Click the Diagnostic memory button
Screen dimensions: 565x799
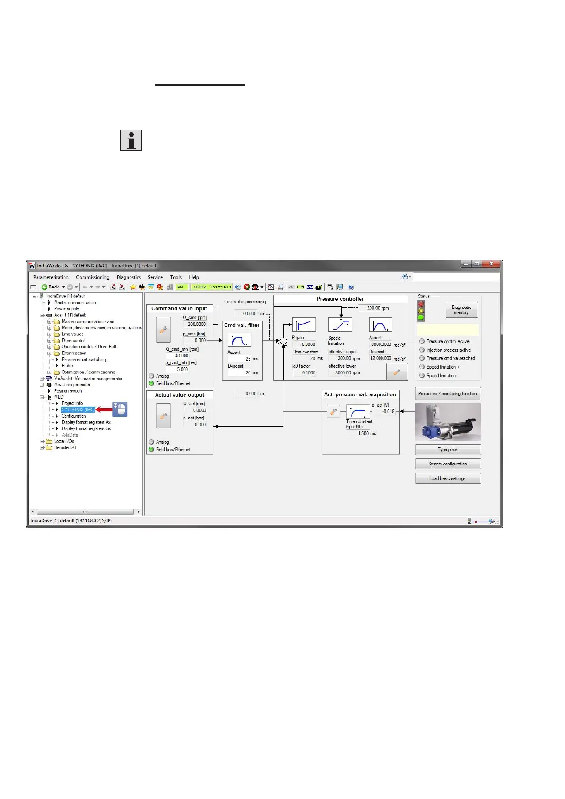point(461,310)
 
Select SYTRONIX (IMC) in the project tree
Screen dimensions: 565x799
point(78,409)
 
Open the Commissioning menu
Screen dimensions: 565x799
point(93,277)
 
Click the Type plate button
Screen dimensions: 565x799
point(447,450)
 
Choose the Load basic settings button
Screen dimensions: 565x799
point(447,478)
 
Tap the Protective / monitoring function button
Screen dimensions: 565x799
point(447,393)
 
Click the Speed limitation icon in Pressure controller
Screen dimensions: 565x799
point(340,325)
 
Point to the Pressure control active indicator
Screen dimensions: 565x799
point(422,341)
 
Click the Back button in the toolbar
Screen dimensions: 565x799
point(50,287)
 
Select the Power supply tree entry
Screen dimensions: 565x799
point(66,309)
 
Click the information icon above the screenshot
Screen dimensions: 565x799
point(131,140)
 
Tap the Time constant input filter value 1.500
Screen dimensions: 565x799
point(363,433)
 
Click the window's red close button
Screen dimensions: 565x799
point(492,264)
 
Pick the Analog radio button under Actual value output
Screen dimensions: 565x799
point(152,442)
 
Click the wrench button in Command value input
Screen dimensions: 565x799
point(163,330)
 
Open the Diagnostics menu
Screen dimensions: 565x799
point(129,277)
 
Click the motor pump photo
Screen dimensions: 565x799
point(447,422)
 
